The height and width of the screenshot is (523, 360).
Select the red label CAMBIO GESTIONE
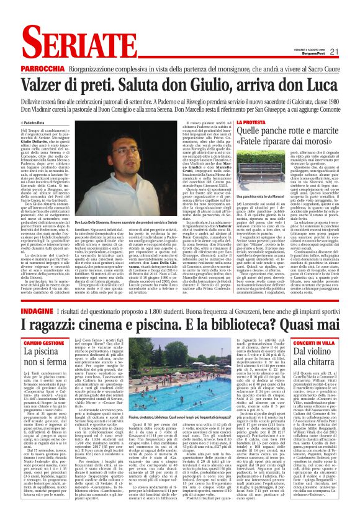pos(43,342)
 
